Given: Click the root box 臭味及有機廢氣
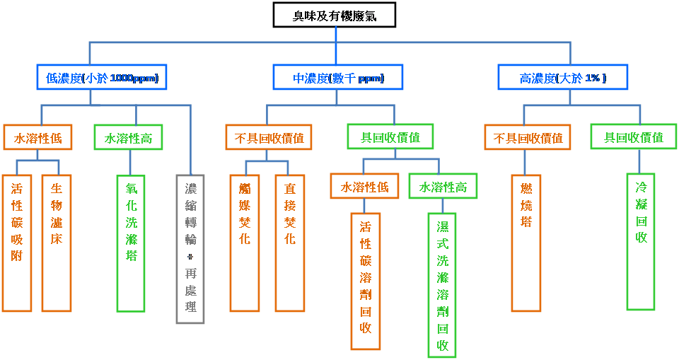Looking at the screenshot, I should (x=335, y=16).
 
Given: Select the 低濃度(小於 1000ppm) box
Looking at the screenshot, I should (x=102, y=78).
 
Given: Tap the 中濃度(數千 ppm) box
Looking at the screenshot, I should (x=338, y=78).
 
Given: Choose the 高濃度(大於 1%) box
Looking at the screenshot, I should (x=563, y=78).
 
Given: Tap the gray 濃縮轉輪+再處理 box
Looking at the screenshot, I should (x=190, y=248).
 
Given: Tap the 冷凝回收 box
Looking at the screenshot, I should (x=641, y=241).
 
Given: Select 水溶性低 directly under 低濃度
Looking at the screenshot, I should (x=37, y=138).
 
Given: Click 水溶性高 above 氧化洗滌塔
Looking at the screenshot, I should (x=128, y=138).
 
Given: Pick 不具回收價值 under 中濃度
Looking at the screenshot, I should (x=269, y=138).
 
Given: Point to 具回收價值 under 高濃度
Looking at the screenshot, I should (x=633, y=137).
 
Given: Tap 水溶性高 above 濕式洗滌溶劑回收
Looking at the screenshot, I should (x=443, y=187).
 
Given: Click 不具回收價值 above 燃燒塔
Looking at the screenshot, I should (x=528, y=138).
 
